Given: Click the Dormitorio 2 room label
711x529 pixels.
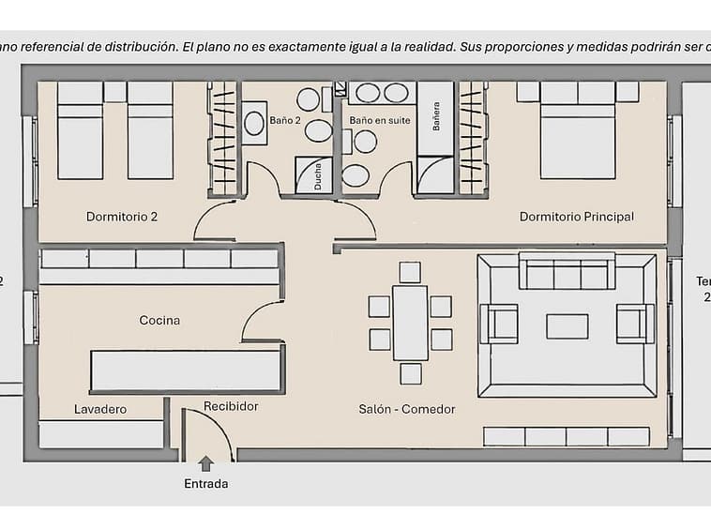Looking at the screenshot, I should [122, 217].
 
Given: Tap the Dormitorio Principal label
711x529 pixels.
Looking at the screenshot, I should [576, 217].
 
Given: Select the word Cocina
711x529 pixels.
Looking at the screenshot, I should [159, 320].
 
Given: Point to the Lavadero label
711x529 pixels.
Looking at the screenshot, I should [100, 409].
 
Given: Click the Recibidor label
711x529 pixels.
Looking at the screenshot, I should [231, 406].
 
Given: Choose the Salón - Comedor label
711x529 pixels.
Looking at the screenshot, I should [407, 409].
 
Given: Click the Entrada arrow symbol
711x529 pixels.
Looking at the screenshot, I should [206, 462].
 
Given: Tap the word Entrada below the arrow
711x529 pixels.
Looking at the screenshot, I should [206, 484].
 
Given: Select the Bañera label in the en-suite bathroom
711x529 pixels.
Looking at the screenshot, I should [434, 120].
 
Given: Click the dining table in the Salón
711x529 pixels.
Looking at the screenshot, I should [410, 323].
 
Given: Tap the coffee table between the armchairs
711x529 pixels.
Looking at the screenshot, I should [567, 325].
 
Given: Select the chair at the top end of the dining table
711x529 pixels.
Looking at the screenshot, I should [410, 272].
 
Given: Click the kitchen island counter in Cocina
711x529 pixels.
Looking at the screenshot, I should [186, 370].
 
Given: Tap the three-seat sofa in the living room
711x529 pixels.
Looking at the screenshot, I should [567, 273].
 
